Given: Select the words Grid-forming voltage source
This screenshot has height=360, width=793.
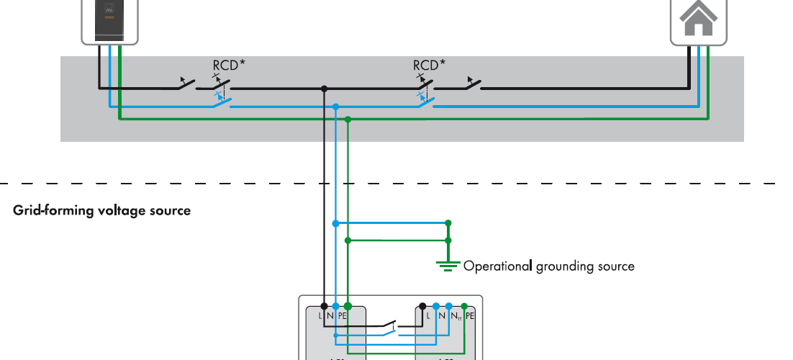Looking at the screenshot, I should [x=102, y=211].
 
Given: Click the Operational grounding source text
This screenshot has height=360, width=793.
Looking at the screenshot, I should [x=548, y=266].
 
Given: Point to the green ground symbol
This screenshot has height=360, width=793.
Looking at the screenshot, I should [x=448, y=265].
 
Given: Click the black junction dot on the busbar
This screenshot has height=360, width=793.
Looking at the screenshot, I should [x=325, y=89].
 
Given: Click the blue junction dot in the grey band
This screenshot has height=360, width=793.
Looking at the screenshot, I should [x=336, y=107].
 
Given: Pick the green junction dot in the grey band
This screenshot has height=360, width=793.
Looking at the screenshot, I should [x=348, y=120].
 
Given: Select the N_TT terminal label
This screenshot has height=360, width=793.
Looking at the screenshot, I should [x=455, y=316].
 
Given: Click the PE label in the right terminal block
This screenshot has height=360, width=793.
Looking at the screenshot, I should [x=470, y=316].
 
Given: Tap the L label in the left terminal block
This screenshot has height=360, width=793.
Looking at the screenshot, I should [x=320, y=316].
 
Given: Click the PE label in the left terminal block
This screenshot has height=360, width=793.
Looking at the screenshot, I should [x=343, y=316].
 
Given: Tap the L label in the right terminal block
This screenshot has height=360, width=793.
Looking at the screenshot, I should [x=428, y=316].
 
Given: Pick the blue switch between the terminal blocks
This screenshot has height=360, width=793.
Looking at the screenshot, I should [x=389, y=333].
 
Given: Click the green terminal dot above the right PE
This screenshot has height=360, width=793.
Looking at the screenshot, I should [x=464, y=305].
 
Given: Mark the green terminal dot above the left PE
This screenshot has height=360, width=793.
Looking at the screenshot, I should [x=348, y=305].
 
